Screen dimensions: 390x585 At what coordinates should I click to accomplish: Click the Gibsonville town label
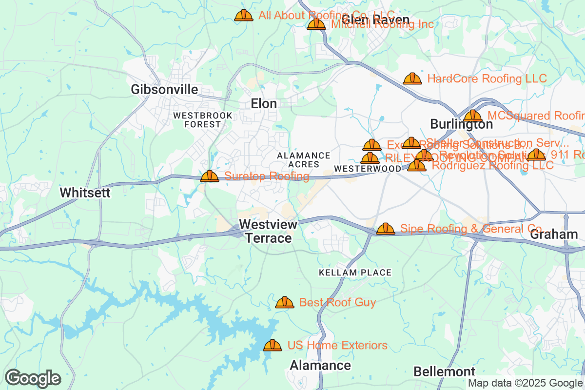coord(164,89)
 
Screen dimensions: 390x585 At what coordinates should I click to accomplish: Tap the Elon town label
coord(264,103)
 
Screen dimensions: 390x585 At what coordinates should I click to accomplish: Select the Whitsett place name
coord(85,193)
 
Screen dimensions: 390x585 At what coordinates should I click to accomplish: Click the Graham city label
coord(554,234)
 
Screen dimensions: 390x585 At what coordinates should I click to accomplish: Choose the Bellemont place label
coord(444,371)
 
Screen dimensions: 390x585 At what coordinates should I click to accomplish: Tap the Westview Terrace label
coord(268,231)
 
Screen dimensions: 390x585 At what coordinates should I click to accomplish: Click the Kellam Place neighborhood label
coord(355,272)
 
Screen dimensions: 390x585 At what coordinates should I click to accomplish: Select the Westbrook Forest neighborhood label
coord(203,120)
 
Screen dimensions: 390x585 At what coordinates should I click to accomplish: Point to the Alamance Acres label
coord(303,160)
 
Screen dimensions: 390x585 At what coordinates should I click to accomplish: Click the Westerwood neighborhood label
coord(368,168)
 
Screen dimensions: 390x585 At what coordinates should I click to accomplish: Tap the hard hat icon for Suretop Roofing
coord(210,176)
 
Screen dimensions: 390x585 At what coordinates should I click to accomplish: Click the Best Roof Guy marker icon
coord(285,302)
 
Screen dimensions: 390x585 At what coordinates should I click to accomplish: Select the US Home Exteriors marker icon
coord(273,345)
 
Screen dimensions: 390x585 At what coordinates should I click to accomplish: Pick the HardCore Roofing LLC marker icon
coord(412,78)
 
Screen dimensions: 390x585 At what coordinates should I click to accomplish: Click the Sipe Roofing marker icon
coord(386,229)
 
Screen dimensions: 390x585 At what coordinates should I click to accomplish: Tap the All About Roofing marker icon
coord(244,15)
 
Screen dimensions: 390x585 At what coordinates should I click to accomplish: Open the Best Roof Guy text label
coord(337,303)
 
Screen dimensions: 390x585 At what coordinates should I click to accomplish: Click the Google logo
coord(33,378)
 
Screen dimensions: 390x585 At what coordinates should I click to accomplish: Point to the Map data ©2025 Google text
coord(526,383)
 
